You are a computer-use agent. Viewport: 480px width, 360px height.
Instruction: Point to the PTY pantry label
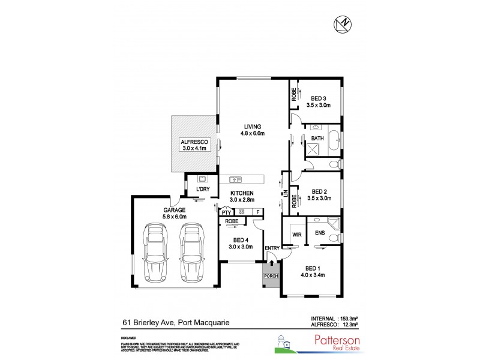click(226, 212)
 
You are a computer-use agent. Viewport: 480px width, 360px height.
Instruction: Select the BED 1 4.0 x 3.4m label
click(313, 272)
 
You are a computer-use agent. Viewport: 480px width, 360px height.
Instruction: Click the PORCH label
click(270, 278)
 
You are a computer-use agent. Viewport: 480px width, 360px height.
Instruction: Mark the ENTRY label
click(272, 248)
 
